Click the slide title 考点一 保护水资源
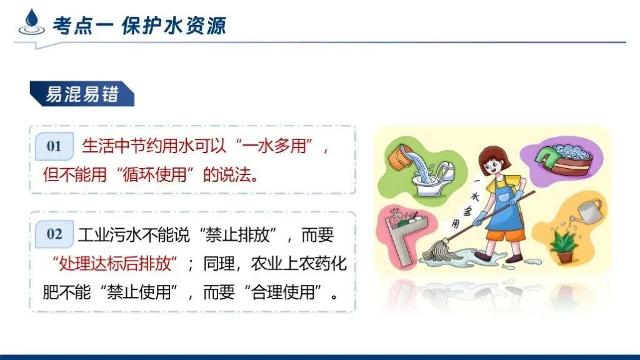click(x=138, y=26)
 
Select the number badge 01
click(x=54, y=146)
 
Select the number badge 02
click(x=54, y=234)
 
